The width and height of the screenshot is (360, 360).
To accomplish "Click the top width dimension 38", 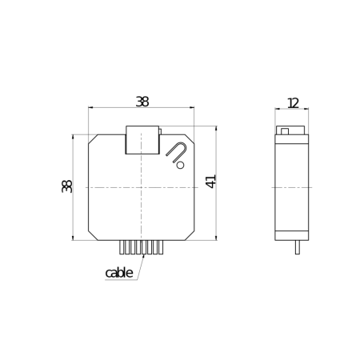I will [142, 102].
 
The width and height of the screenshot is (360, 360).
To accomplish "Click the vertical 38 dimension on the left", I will [67, 186].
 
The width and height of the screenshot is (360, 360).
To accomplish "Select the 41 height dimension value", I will [211, 181].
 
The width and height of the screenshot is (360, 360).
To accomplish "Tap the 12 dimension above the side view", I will [292, 102].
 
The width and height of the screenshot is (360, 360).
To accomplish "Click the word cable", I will [118, 273].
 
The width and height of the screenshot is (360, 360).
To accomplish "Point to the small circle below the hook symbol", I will [180, 166].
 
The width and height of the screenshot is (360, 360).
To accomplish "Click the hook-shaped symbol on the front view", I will [177, 151].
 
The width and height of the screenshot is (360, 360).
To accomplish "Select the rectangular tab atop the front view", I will [142, 139].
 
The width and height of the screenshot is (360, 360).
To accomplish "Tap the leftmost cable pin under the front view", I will [122, 247].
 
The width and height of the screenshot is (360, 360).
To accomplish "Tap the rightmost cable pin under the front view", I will [161, 247].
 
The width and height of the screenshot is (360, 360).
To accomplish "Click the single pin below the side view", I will [298, 247].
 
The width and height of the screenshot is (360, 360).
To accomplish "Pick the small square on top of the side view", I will [284, 130].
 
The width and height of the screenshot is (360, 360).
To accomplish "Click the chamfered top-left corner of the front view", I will [93, 138].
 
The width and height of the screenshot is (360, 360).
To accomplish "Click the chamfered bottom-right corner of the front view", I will [190, 234].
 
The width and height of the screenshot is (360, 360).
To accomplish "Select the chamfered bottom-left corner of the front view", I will [93, 234].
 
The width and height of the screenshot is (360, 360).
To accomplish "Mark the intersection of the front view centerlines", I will [142, 187].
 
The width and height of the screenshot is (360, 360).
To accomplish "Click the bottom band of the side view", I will [292, 235].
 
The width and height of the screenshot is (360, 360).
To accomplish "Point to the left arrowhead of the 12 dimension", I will [278, 110].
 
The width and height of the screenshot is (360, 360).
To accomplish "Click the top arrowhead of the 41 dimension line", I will [216, 129].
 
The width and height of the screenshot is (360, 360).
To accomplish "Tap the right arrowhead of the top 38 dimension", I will [192, 108].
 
